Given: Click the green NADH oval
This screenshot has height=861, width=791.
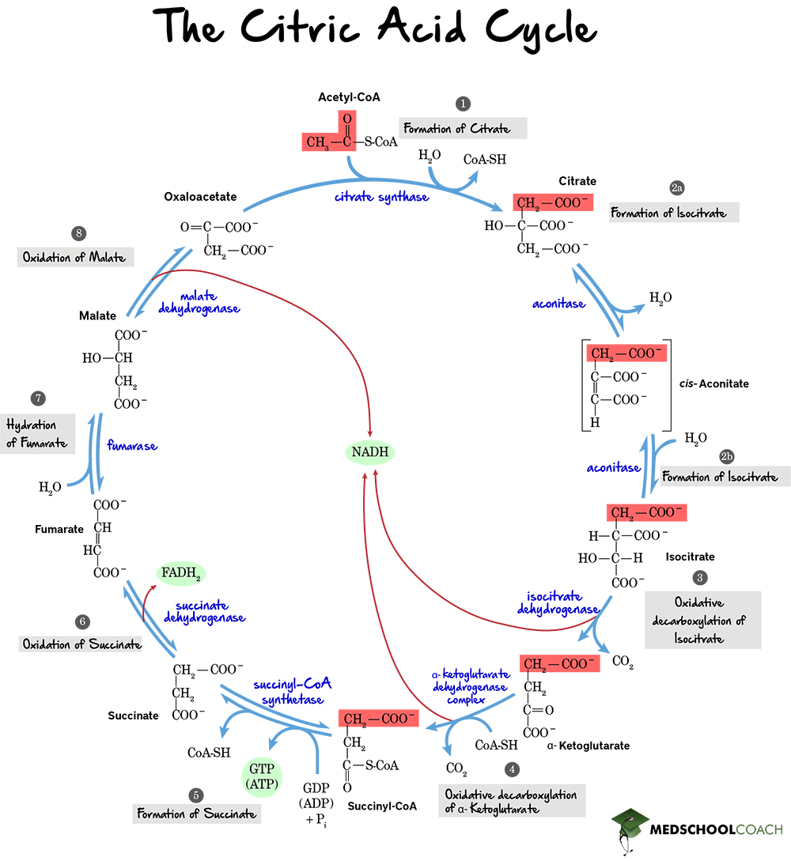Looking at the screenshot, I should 369,452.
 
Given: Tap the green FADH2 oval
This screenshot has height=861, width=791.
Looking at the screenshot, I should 181,573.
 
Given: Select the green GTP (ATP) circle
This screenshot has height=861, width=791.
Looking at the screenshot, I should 261,776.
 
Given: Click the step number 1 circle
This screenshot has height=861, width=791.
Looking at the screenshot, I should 463,104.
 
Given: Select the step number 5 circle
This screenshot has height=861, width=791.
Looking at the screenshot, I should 196,795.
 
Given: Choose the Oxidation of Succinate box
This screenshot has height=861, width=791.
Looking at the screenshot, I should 81,644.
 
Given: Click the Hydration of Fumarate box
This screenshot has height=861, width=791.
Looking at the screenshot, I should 37,434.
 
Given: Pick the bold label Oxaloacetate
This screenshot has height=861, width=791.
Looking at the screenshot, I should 200,196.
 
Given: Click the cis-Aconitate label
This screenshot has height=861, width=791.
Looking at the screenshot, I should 713,383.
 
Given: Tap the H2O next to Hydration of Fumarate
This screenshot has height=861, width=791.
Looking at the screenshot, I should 50,487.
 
